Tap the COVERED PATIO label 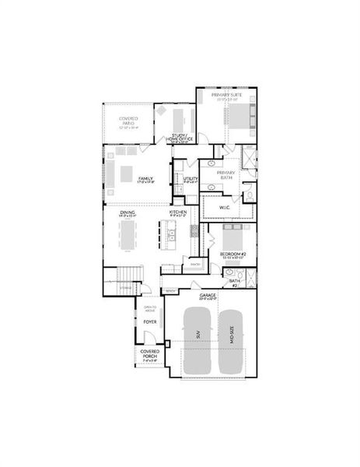click(x=128, y=121)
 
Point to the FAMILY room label click(x=145, y=179)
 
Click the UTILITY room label click(x=190, y=179)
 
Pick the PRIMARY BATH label click(x=225, y=175)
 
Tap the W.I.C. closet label click(x=226, y=207)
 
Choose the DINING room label click(x=128, y=212)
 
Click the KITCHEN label click(x=178, y=212)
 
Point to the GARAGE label click(x=208, y=296)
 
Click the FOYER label click(x=150, y=321)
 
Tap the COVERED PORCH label click(x=149, y=354)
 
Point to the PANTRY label click(x=195, y=265)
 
